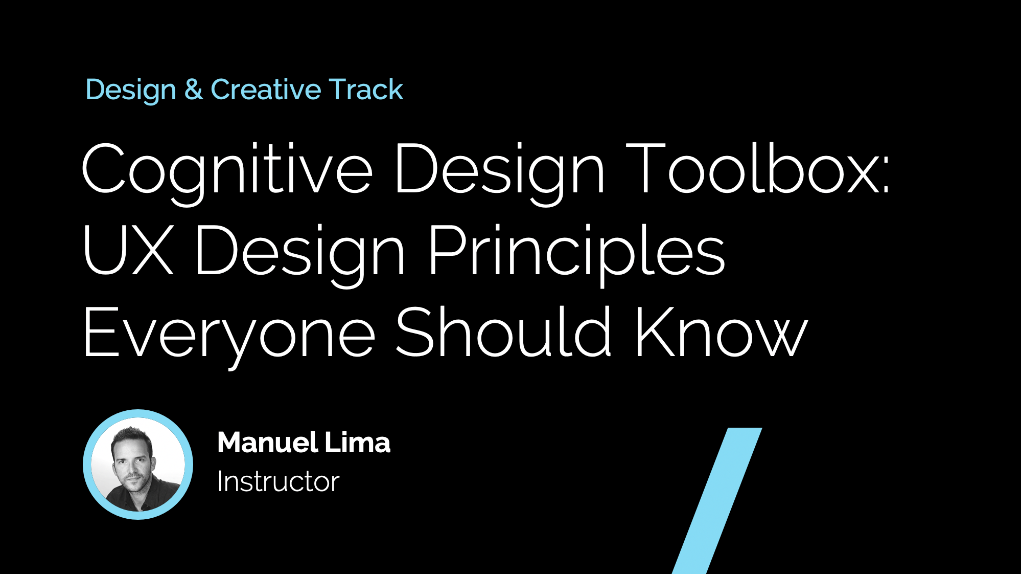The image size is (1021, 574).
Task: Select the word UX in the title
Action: (x=128, y=251)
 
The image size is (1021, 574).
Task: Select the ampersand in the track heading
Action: (x=194, y=90)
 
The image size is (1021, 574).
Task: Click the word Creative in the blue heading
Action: (x=266, y=90)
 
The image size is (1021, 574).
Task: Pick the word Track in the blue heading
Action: (x=366, y=90)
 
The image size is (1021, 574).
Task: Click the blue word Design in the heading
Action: (x=131, y=91)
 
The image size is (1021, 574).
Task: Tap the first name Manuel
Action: (x=267, y=443)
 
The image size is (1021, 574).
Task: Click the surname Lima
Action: (x=358, y=443)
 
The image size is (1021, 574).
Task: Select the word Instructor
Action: (x=278, y=482)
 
